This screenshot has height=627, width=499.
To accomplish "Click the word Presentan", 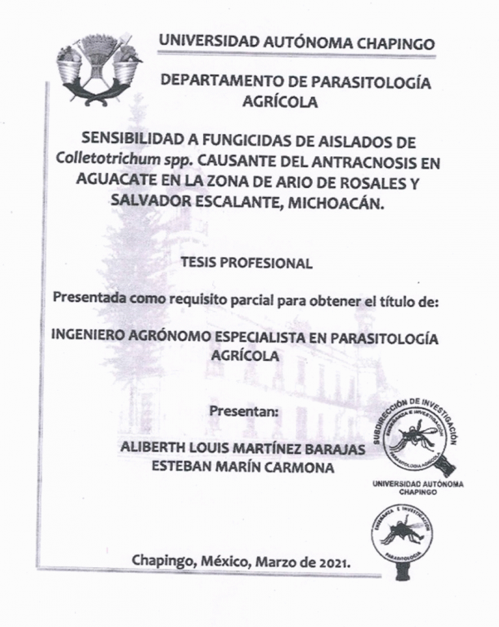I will [x=245, y=410].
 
